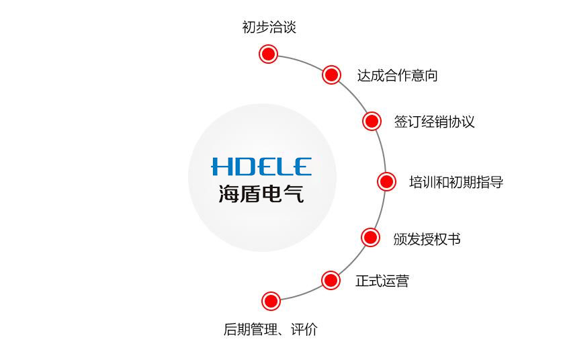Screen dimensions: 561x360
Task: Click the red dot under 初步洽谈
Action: pos(268,54)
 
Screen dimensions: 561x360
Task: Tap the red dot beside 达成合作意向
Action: pos(331,75)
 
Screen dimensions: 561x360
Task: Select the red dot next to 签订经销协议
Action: pos(372,121)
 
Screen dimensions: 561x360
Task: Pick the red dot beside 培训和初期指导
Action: pos(386,181)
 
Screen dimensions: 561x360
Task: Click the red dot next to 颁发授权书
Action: pos(370,237)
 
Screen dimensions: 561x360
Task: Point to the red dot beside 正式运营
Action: pos(331,280)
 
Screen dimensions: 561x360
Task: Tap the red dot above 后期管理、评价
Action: pos(271,301)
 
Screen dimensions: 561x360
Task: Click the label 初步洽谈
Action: pos(269,27)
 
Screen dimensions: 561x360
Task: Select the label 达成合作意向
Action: pos(397,75)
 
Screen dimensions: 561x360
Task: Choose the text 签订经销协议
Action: pos(434,122)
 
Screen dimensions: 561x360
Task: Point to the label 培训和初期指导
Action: pos(456,182)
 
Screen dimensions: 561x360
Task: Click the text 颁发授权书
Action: pos(427,239)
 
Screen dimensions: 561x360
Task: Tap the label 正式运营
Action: pos(382,281)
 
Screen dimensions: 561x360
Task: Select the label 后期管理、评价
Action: pos(271,329)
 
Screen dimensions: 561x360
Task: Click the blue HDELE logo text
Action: pos(261,167)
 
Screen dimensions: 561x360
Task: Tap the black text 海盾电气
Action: pos(261,193)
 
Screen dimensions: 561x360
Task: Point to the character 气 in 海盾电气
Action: pos(294,193)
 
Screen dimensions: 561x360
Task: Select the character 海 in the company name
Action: pos(229,193)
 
